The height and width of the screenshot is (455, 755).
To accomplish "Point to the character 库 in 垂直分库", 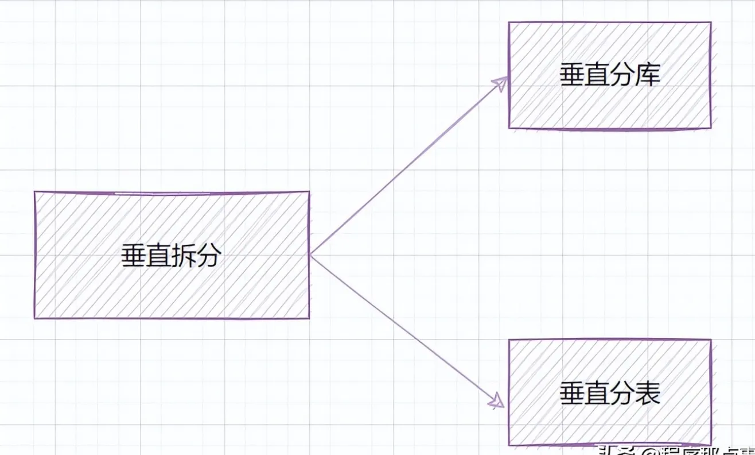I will click(648, 75).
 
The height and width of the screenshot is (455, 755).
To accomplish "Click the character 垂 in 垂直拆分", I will click(134, 256).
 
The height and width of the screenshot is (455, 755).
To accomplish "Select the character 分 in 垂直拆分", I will click(208, 256).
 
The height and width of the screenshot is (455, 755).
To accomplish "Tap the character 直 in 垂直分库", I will click(597, 75).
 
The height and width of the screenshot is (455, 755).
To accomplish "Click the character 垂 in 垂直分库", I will click(572, 75).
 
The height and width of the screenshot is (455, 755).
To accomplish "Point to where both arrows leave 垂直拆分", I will click(310, 255).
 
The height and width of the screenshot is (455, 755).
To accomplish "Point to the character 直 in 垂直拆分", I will click(158, 256).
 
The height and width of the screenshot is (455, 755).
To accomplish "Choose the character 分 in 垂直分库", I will click(622, 75).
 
